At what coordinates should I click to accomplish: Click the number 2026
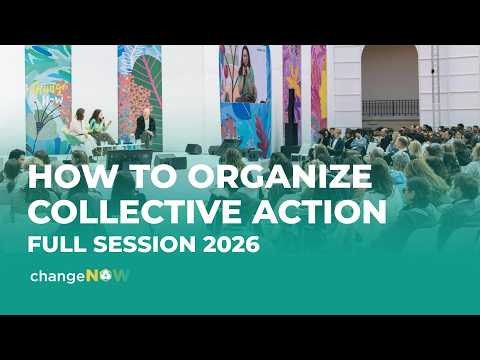point(233,243)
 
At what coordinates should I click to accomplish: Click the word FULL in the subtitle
point(60,243)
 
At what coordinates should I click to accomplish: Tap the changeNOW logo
point(80,275)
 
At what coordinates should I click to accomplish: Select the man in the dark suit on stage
point(146,126)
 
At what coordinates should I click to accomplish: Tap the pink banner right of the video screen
point(318,90)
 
